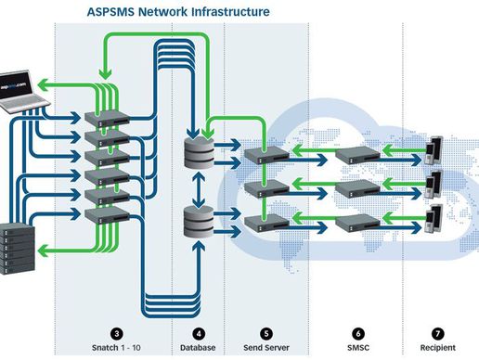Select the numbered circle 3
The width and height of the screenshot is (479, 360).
click(x=116, y=332)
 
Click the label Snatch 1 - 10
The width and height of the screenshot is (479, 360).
click(x=116, y=347)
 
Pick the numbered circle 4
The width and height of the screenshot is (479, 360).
click(x=197, y=332)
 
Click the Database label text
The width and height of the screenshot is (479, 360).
click(x=197, y=347)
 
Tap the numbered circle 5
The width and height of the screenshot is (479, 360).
click(x=266, y=332)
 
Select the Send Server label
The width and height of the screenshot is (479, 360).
click(x=266, y=347)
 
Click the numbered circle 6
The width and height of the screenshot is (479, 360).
click(x=357, y=332)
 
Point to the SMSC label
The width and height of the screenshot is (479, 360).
click(x=357, y=347)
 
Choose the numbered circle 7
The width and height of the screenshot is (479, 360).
click(x=436, y=332)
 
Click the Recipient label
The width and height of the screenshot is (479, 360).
click(x=436, y=347)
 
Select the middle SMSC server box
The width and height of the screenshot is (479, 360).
click(x=356, y=188)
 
